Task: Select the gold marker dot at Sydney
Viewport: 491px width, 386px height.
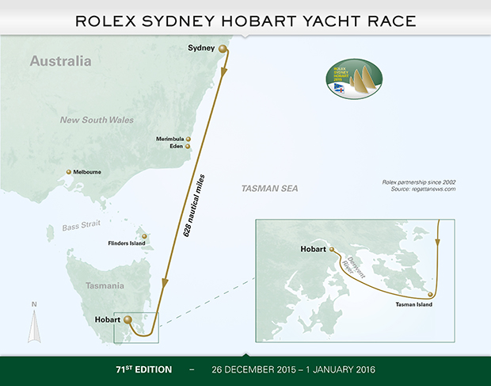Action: [x=223, y=49]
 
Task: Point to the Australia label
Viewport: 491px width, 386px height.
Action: [x=61, y=61]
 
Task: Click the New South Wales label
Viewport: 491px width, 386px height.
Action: [x=97, y=120]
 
